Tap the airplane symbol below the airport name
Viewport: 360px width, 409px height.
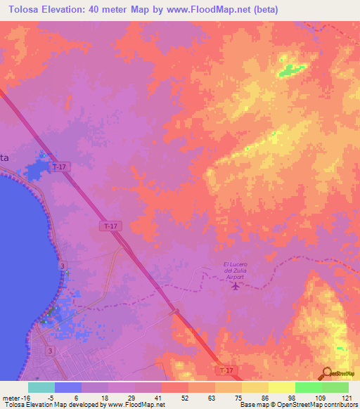coord(234,285)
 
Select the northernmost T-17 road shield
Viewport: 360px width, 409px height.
coord(59,167)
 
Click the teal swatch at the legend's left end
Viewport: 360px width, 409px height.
coord(41,387)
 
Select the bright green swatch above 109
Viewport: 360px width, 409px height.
coord(309,387)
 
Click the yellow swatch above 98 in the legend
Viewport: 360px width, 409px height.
coord(282,387)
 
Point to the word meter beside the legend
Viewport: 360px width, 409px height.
coord(8,398)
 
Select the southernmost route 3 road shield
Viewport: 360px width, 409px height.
coord(50,349)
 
